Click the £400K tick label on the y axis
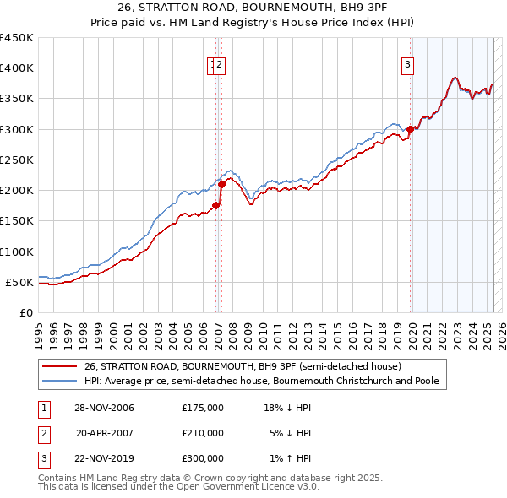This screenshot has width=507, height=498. click(17, 68)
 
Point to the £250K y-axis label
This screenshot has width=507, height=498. click(17, 160)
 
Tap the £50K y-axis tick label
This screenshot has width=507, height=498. click(20, 282)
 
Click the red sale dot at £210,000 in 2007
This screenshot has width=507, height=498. click(221, 184)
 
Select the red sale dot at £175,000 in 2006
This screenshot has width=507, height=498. click(216, 205)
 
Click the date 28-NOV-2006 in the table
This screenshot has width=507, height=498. click(104, 408)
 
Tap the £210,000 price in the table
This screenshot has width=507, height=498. click(203, 432)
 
